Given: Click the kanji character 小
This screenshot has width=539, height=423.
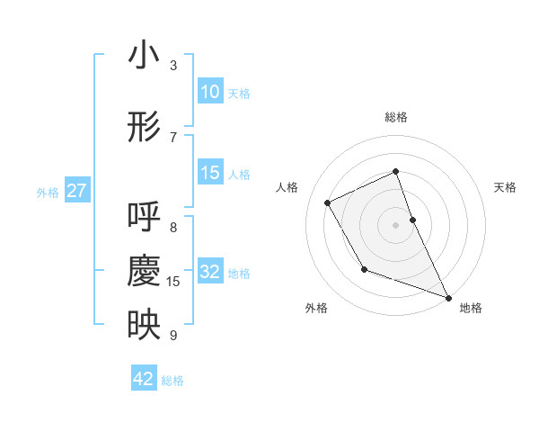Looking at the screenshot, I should tap(144, 57).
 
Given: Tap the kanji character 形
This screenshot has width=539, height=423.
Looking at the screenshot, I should tap(144, 128).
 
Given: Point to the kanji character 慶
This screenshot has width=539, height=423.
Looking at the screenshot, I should tap(144, 273).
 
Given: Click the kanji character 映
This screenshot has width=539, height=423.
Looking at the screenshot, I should tap(144, 326).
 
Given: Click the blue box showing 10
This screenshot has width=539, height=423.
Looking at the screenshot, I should tap(210, 92).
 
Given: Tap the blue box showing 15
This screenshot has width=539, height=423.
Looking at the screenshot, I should tap(210, 173).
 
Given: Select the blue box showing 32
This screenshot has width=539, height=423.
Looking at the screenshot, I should tap(210, 272).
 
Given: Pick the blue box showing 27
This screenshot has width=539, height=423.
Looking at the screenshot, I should tap(77, 191).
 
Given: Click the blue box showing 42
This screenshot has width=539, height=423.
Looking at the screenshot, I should tap(144, 379).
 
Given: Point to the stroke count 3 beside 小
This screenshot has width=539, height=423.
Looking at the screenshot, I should tap(173, 66).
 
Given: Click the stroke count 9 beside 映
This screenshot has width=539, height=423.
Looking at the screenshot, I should tap(173, 336).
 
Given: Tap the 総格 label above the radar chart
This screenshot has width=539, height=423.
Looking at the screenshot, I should tap(396, 117).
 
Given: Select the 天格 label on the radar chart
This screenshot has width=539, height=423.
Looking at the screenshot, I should tap(505, 187).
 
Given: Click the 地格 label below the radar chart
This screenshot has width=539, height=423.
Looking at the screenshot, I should tap(471, 308).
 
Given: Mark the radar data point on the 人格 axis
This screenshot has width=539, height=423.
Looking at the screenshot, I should tap(328, 202).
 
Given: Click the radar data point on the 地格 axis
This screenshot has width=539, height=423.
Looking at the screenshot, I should tap(448, 297).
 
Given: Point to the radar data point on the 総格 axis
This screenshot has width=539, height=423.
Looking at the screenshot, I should tap(396, 172).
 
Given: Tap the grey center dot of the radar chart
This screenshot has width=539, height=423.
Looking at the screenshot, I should tap(396, 225).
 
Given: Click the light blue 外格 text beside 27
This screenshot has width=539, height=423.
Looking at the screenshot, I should tap(48, 192).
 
